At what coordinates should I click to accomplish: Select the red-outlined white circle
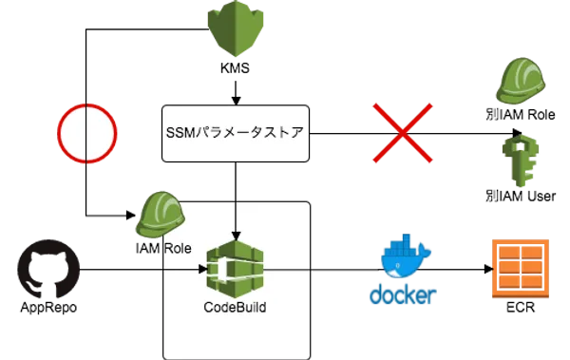(x=86, y=132)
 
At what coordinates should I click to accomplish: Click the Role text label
(x=178, y=248)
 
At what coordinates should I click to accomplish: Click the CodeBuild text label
(x=235, y=308)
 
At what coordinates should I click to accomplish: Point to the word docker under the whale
(x=403, y=294)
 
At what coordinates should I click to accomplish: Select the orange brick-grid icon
(x=520, y=270)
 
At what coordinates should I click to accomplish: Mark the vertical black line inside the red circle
(x=86, y=132)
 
